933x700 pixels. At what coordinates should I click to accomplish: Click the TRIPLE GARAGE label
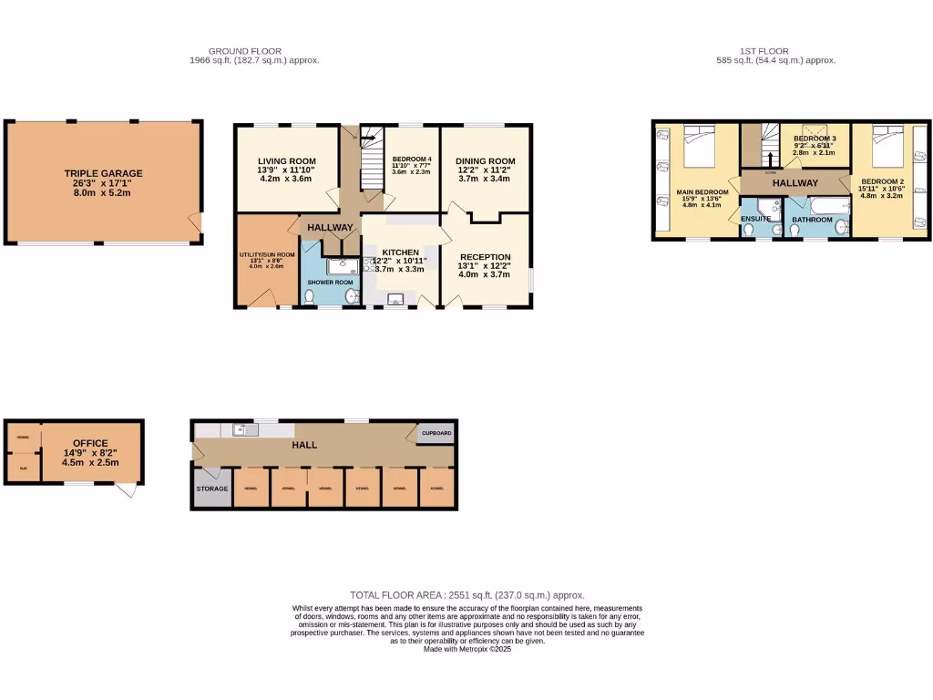pos(103,172)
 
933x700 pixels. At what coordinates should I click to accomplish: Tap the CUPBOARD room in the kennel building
pos(436,433)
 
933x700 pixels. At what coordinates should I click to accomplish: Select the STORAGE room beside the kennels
pos(212,489)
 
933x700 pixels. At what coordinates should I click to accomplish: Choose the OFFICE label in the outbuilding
pos(90,444)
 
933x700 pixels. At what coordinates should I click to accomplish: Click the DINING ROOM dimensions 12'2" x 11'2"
pos(487,170)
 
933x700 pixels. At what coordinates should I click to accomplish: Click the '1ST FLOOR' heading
pos(764,51)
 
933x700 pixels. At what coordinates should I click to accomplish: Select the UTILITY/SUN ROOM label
pos(267,253)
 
